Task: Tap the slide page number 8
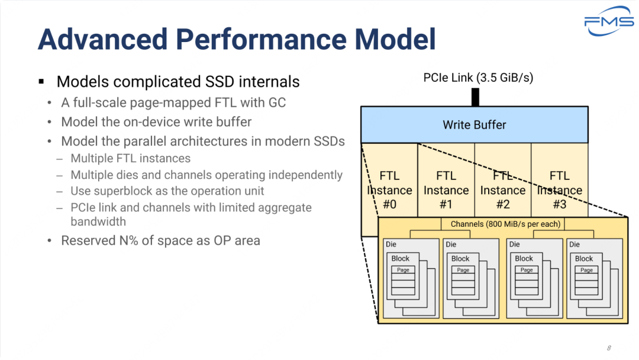(x=608, y=348)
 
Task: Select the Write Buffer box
(x=475, y=125)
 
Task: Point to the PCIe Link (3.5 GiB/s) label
(x=478, y=78)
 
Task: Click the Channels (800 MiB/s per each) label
(x=505, y=224)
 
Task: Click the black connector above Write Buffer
(x=475, y=98)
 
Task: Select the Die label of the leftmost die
(x=391, y=244)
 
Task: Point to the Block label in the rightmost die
(x=584, y=259)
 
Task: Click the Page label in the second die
(x=463, y=270)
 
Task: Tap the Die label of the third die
(x=514, y=244)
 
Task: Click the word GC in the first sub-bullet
(x=277, y=102)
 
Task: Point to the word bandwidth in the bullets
(x=98, y=221)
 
